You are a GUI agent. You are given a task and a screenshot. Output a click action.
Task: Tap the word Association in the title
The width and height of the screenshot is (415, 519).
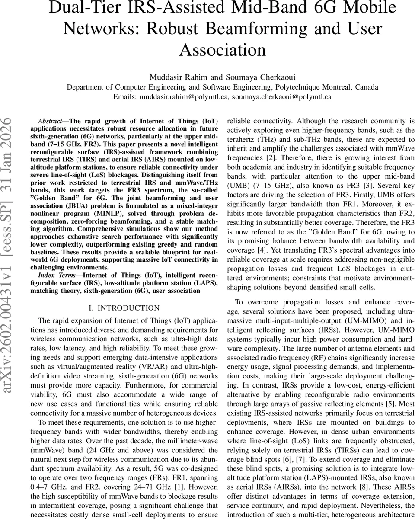click(223, 50)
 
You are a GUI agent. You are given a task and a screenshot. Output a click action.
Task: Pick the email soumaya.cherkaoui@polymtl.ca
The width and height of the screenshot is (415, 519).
click(281, 97)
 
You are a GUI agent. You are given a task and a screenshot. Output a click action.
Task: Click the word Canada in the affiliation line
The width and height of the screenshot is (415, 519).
click(367, 87)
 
